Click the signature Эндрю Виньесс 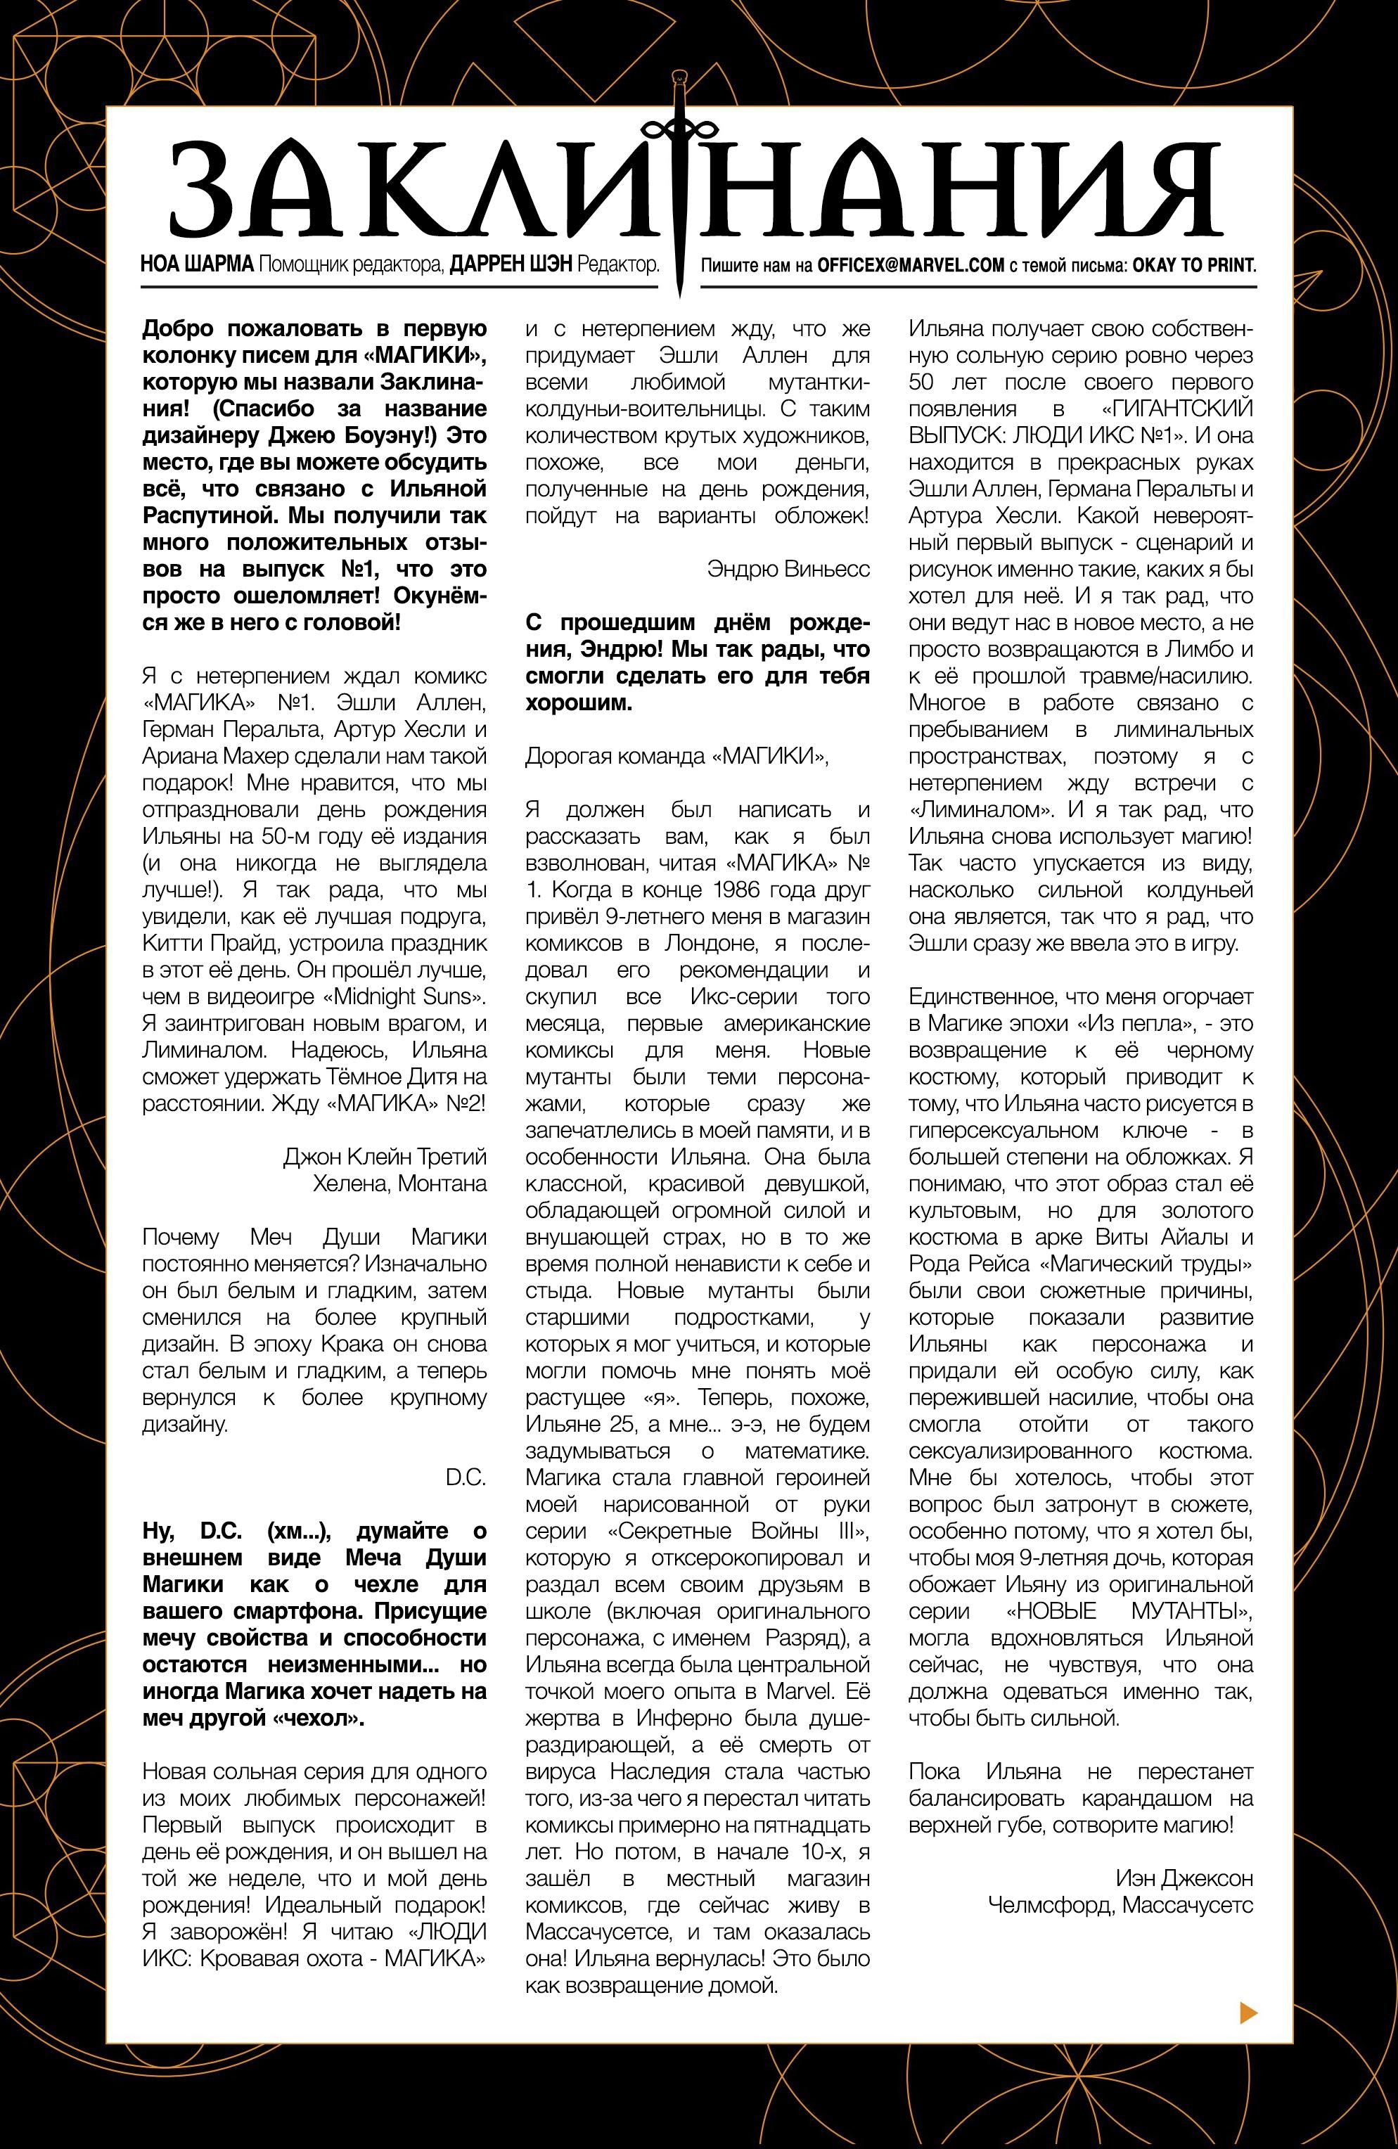tap(789, 569)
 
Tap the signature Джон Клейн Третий tap(385, 1157)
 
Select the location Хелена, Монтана tap(399, 1183)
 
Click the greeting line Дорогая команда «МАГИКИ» tap(676, 756)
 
